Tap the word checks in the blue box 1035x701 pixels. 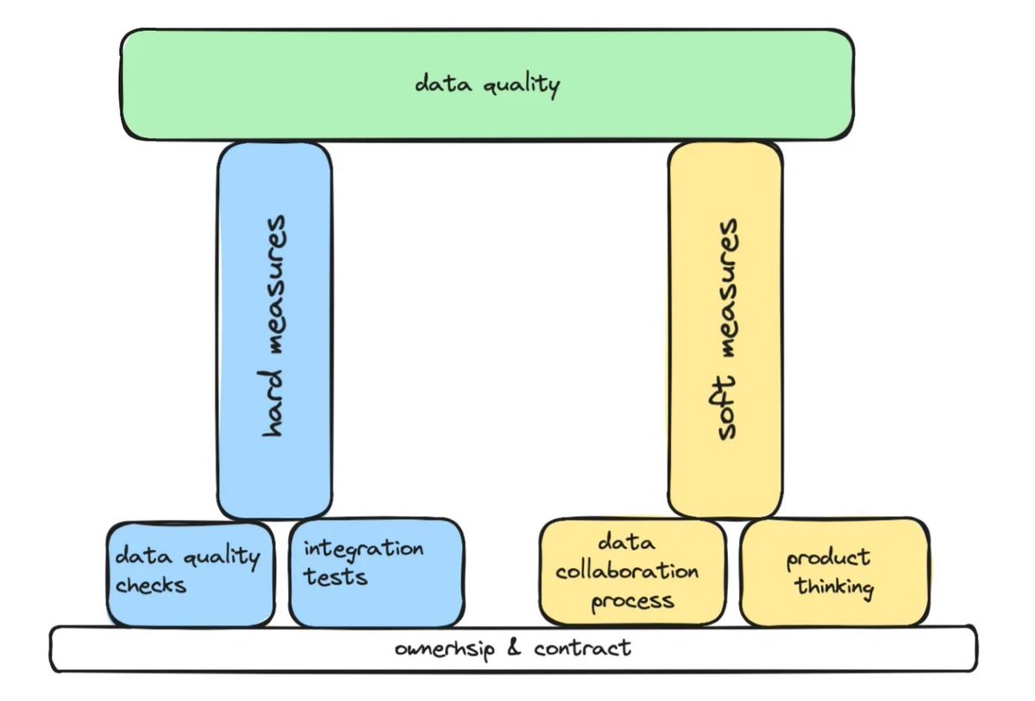(151, 585)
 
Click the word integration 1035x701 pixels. (363, 548)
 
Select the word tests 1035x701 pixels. (335, 576)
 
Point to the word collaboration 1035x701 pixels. (627, 571)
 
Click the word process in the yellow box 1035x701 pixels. (632, 599)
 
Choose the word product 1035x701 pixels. (828, 559)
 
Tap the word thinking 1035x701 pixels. (834, 588)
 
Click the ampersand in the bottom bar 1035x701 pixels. (515, 648)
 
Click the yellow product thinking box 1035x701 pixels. (834, 572)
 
